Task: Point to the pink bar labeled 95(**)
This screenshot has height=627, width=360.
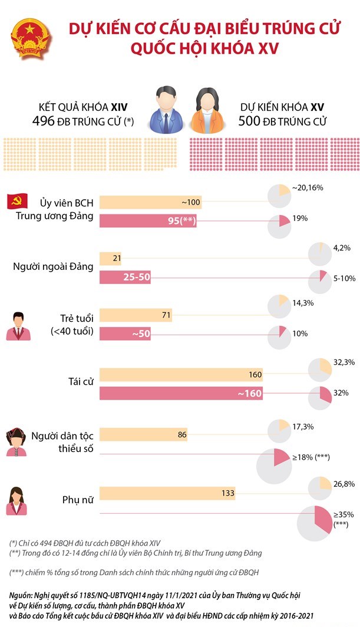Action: coord(148,221)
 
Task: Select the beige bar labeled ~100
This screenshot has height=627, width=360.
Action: coord(151,202)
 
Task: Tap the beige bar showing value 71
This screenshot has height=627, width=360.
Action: coord(136,315)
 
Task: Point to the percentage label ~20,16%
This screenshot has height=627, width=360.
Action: coord(307,188)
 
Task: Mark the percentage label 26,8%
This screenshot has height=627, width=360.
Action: coord(344,484)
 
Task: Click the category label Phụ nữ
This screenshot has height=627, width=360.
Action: coord(78,500)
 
